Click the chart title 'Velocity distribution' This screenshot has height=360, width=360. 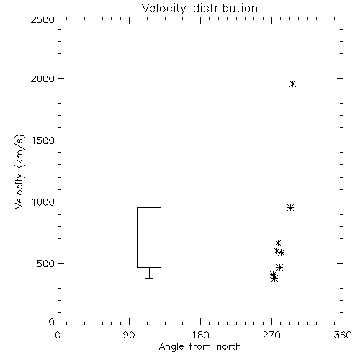click(199, 9)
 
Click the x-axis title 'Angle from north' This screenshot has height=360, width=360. click(199, 347)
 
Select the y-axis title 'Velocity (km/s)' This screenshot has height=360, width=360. click(19, 171)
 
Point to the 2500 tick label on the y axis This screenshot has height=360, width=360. click(43, 19)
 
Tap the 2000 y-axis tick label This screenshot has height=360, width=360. click(43, 78)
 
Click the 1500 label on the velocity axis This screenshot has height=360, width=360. click(43, 140)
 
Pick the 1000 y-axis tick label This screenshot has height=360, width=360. click(43, 202)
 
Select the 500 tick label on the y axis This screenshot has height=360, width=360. click(46, 264)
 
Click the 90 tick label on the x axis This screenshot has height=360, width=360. click(129, 335)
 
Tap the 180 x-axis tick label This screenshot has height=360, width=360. click(200, 335)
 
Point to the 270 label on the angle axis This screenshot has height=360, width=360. click(271, 335)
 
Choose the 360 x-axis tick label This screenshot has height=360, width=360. click(343, 335)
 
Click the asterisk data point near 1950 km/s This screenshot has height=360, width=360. click(292, 84)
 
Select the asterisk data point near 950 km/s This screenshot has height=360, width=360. click(291, 208)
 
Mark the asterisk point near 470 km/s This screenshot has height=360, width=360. click(279, 267)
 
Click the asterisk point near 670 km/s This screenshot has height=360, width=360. click(278, 243)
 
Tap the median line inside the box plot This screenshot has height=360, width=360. click(149, 251)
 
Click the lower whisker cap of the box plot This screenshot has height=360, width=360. click(149, 278)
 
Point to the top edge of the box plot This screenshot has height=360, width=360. click(149, 207)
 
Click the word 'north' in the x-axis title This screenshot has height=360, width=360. click(229, 347)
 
